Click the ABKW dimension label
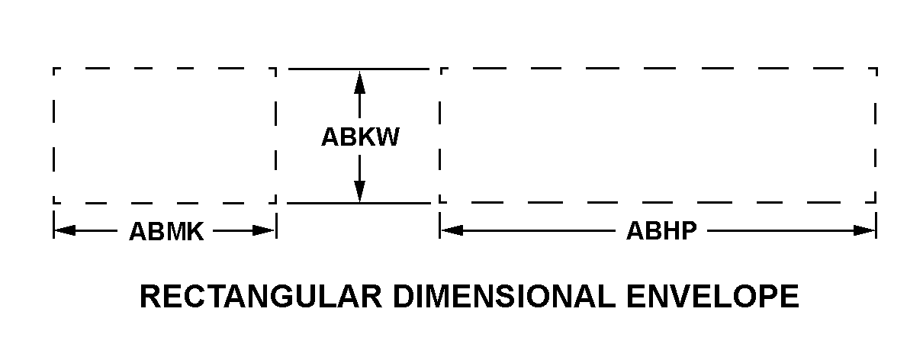[360, 137]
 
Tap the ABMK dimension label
[166, 231]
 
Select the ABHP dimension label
[661, 231]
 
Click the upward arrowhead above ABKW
[360, 79]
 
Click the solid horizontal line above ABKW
[359, 69]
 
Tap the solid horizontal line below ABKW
[359, 203]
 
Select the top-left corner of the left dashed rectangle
[54, 69]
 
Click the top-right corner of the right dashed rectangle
[876, 69]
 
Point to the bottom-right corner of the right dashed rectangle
[876, 203]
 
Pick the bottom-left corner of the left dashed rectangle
[54, 203]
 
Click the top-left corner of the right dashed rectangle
[441, 69]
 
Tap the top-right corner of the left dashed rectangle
[275, 69]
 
